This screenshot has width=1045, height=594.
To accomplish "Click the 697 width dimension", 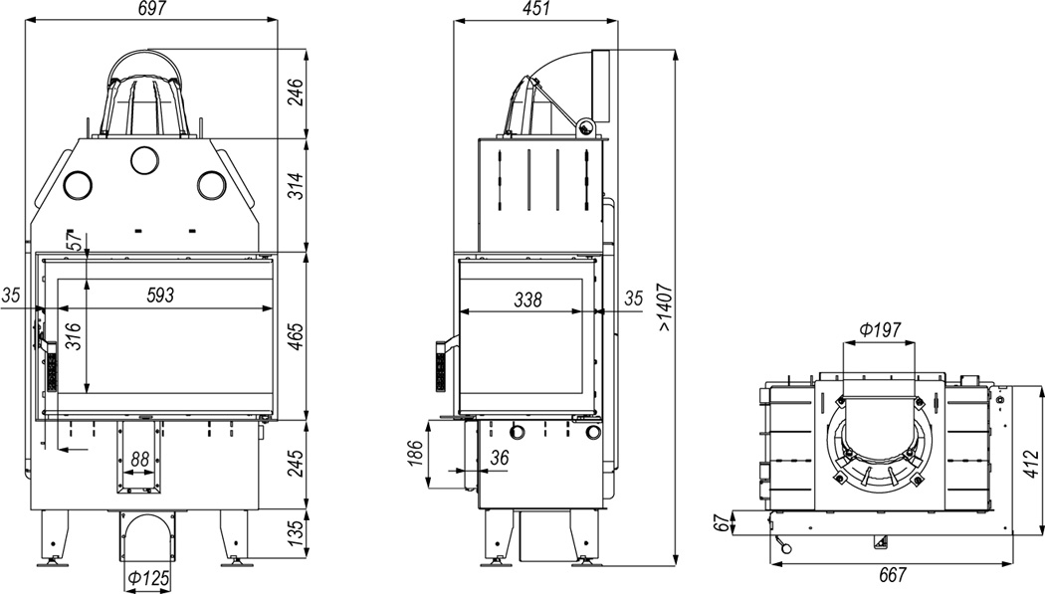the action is click(x=150, y=8).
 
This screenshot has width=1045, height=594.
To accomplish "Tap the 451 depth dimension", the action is click(x=536, y=8).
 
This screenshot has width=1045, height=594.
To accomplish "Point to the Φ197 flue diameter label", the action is click(x=880, y=329).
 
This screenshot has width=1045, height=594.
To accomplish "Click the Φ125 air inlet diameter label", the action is click(x=148, y=578).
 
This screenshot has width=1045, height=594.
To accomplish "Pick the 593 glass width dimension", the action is click(x=160, y=295).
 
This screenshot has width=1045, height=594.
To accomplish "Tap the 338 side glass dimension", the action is click(x=527, y=299).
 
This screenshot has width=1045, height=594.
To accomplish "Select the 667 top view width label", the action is click(x=892, y=574).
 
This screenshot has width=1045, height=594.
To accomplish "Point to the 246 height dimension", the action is click(x=296, y=93).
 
